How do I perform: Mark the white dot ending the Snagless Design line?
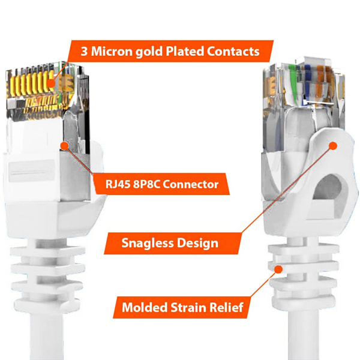tap(335, 145)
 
